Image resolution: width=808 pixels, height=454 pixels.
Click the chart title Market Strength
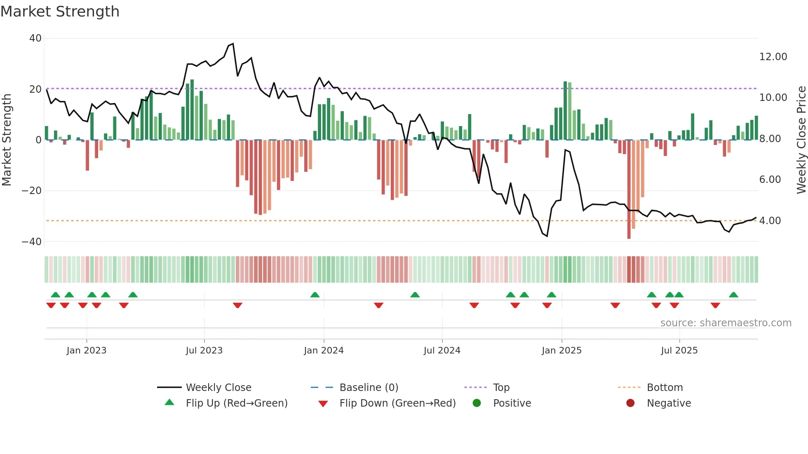[x=60, y=12]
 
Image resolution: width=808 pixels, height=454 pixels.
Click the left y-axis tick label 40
[x=35, y=38]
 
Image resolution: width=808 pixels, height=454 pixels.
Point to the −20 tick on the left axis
[x=32, y=191]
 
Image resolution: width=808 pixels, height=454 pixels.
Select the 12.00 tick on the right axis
[x=773, y=57]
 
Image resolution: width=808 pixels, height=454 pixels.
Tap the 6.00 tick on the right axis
[x=770, y=180]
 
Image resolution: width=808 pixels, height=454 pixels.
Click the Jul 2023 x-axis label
[x=204, y=351]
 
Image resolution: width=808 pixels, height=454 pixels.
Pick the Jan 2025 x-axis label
[x=561, y=351]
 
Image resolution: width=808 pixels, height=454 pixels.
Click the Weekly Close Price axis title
[x=801, y=140]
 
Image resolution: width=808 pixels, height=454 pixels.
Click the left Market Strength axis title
[x=7, y=140]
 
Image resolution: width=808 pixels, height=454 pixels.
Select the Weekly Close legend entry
[x=218, y=388]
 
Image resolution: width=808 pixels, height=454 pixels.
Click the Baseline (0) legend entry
[x=369, y=388]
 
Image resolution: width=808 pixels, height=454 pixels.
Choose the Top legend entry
[x=501, y=388]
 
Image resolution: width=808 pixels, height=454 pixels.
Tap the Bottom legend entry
[x=665, y=388]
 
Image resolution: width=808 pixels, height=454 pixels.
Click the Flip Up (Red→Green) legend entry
[x=236, y=403]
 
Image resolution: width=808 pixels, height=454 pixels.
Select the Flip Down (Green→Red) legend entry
[x=397, y=403]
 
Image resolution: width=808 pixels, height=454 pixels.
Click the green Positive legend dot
[x=477, y=403]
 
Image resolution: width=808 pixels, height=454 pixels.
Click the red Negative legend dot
[x=630, y=403]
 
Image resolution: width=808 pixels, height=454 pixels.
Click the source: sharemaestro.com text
[x=726, y=323]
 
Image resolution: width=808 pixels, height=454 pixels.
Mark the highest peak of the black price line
[x=233, y=44]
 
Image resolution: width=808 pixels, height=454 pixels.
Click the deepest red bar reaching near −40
[x=629, y=190]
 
